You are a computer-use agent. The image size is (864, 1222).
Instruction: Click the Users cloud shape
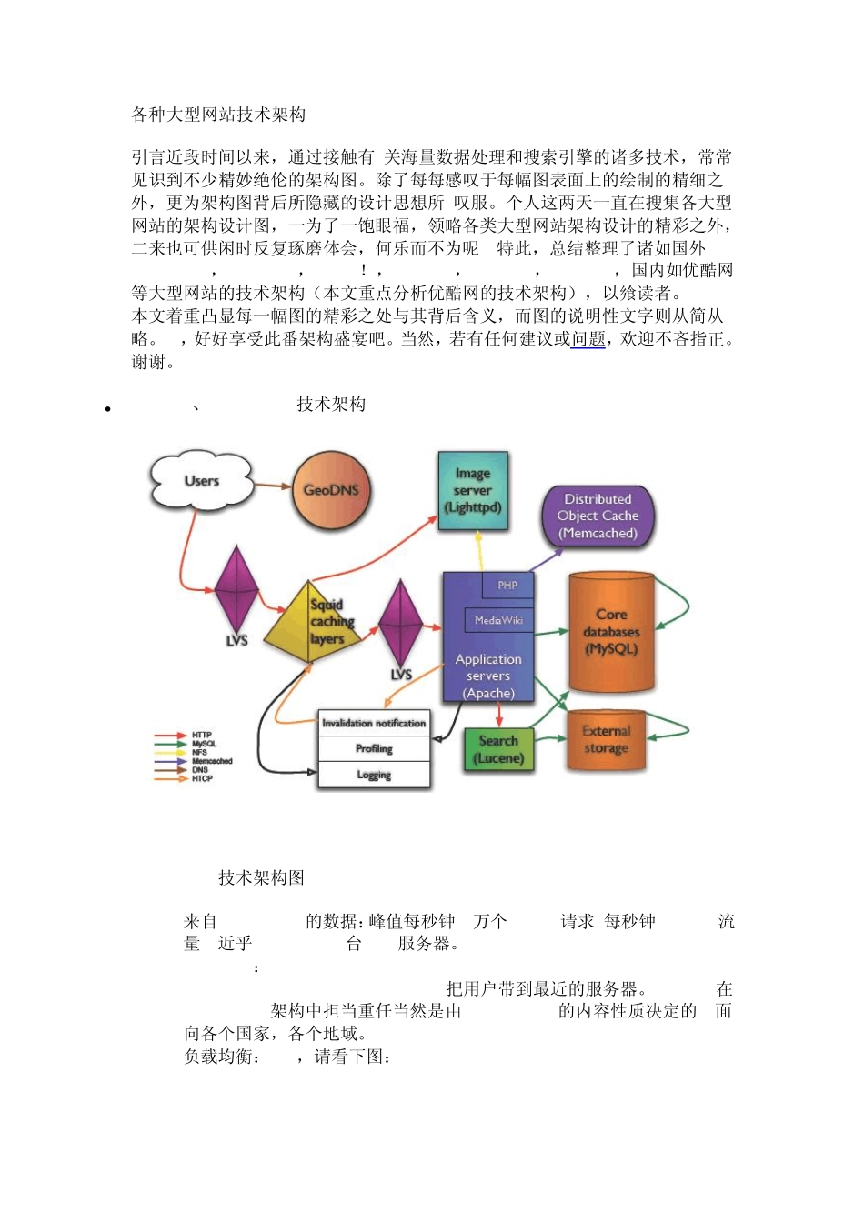point(201,480)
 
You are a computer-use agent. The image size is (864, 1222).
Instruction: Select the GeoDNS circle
point(330,490)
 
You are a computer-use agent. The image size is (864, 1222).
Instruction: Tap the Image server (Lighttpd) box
point(473,491)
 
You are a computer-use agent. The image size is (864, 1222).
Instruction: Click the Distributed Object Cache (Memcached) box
point(598,516)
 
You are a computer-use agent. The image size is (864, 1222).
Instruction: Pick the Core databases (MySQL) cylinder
point(611,632)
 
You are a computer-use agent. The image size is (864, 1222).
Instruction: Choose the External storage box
point(606,740)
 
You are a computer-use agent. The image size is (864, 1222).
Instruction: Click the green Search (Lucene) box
point(498,750)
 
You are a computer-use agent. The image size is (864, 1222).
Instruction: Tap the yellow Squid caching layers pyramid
point(314,623)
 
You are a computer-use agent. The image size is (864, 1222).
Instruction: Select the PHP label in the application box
point(507,585)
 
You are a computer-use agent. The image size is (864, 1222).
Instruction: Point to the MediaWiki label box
point(498,620)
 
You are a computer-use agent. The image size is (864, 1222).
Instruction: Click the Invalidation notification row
point(374,724)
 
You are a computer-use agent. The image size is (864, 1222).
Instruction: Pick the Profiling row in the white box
point(374,749)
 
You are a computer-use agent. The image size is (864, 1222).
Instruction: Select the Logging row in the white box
point(374,775)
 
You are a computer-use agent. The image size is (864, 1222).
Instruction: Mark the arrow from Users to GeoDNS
point(272,486)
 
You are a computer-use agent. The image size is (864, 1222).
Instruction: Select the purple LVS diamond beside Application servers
point(400,625)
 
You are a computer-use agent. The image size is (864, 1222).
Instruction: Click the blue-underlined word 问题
point(588,339)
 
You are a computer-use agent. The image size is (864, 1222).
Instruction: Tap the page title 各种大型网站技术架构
point(218,115)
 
